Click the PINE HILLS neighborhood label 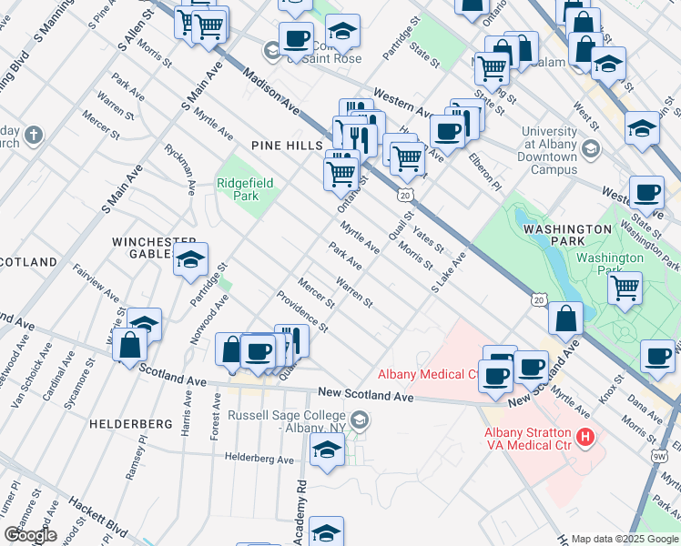tap(287, 146)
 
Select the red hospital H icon tap(586, 438)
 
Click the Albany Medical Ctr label tap(429, 374)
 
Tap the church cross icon tap(34, 136)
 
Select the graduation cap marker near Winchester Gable tap(190, 259)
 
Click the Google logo tap(29, 535)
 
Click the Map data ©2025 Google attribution tap(624, 539)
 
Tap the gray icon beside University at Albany tap(591, 148)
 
